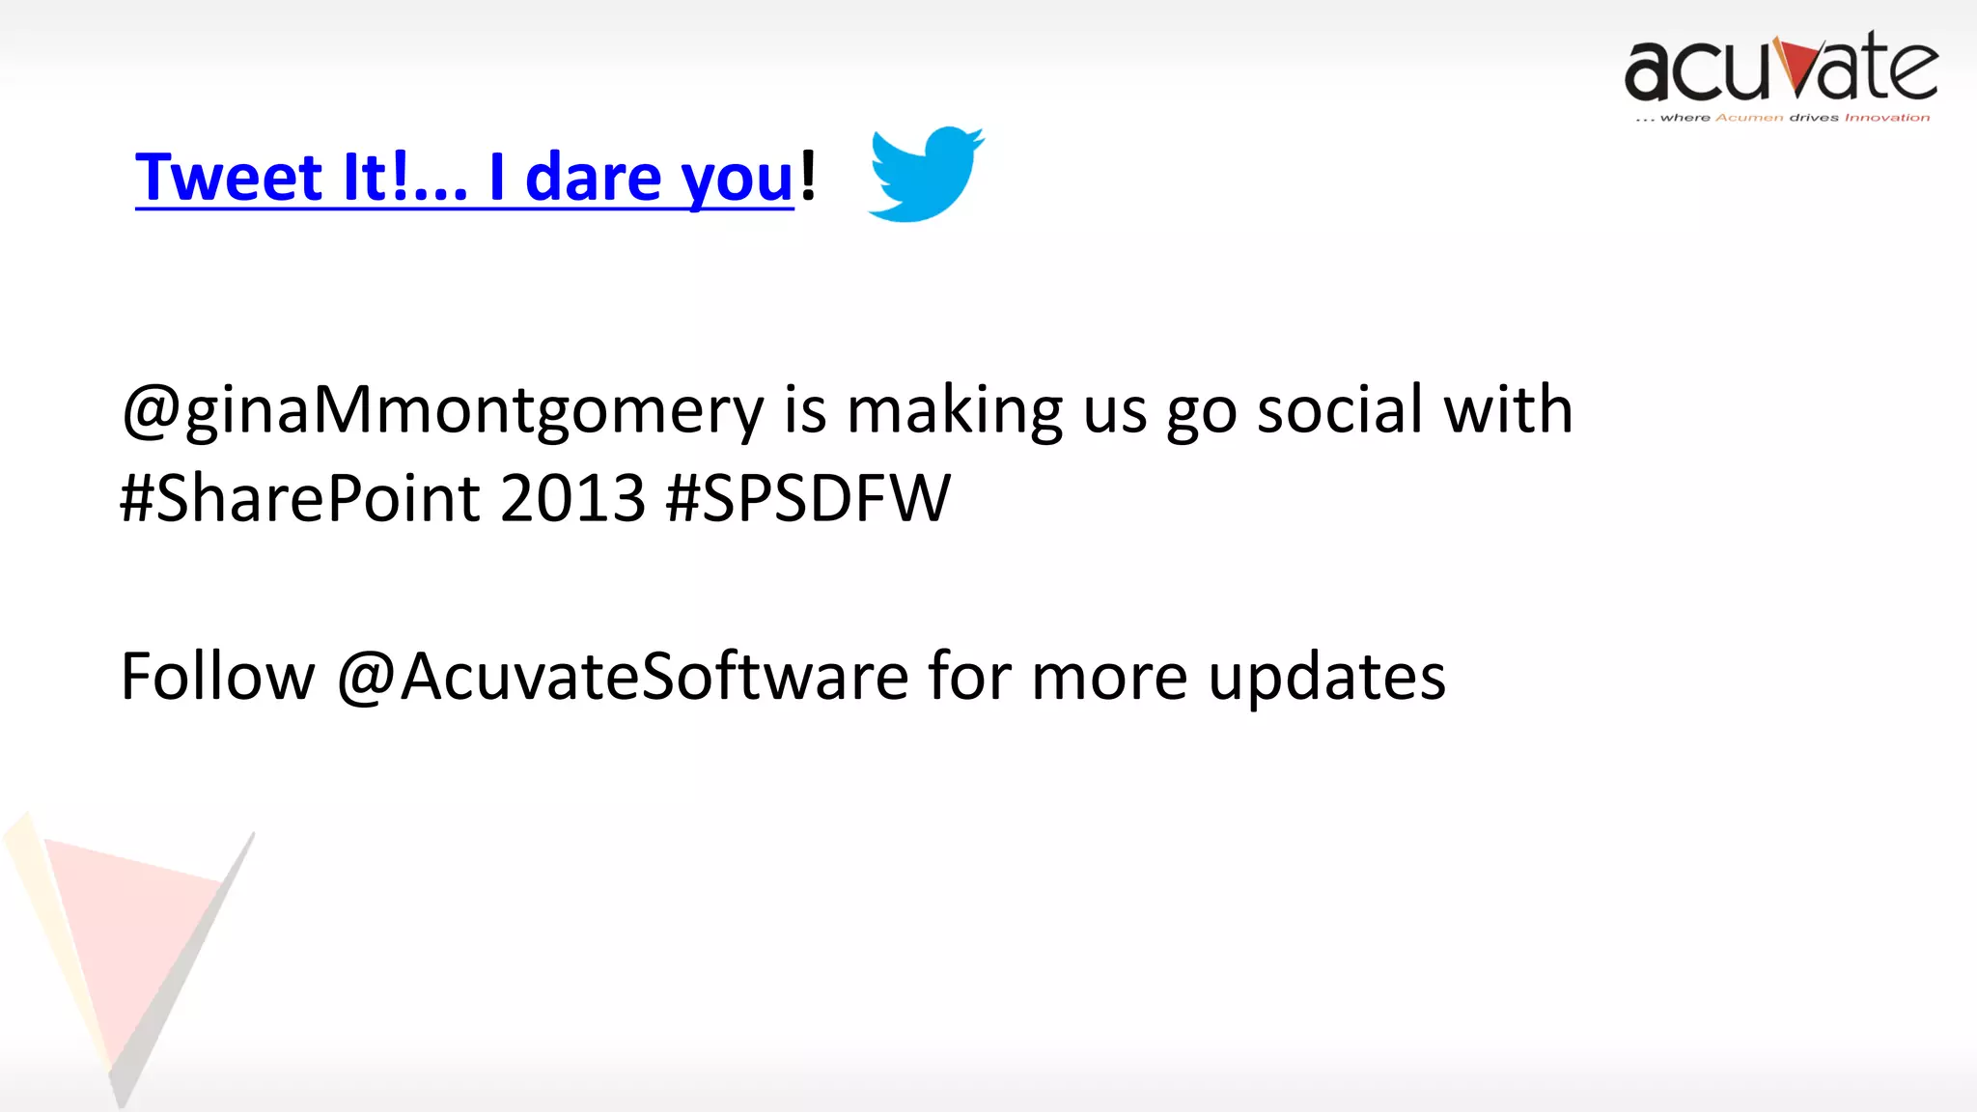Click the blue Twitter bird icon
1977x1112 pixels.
(x=925, y=174)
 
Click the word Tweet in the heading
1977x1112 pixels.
(x=228, y=178)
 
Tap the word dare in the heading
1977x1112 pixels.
(x=593, y=178)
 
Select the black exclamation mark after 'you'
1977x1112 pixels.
(x=808, y=176)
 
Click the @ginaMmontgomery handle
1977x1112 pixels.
(x=442, y=411)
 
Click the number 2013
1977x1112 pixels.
(x=572, y=498)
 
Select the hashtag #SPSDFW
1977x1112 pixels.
(x=808, y=498)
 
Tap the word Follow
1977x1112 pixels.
(x=217, y=676)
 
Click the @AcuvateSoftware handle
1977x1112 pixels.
(x=623, y=676)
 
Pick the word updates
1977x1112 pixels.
(x=1326, y=678)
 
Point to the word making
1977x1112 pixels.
(x=954, y=411)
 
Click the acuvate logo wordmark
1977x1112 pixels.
(x=1781, y=69)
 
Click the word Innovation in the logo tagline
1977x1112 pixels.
(x=1887, y=118)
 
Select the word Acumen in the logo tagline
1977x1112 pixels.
(x=1749, y=118)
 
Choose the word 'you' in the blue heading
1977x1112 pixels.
(x=737, y=180)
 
